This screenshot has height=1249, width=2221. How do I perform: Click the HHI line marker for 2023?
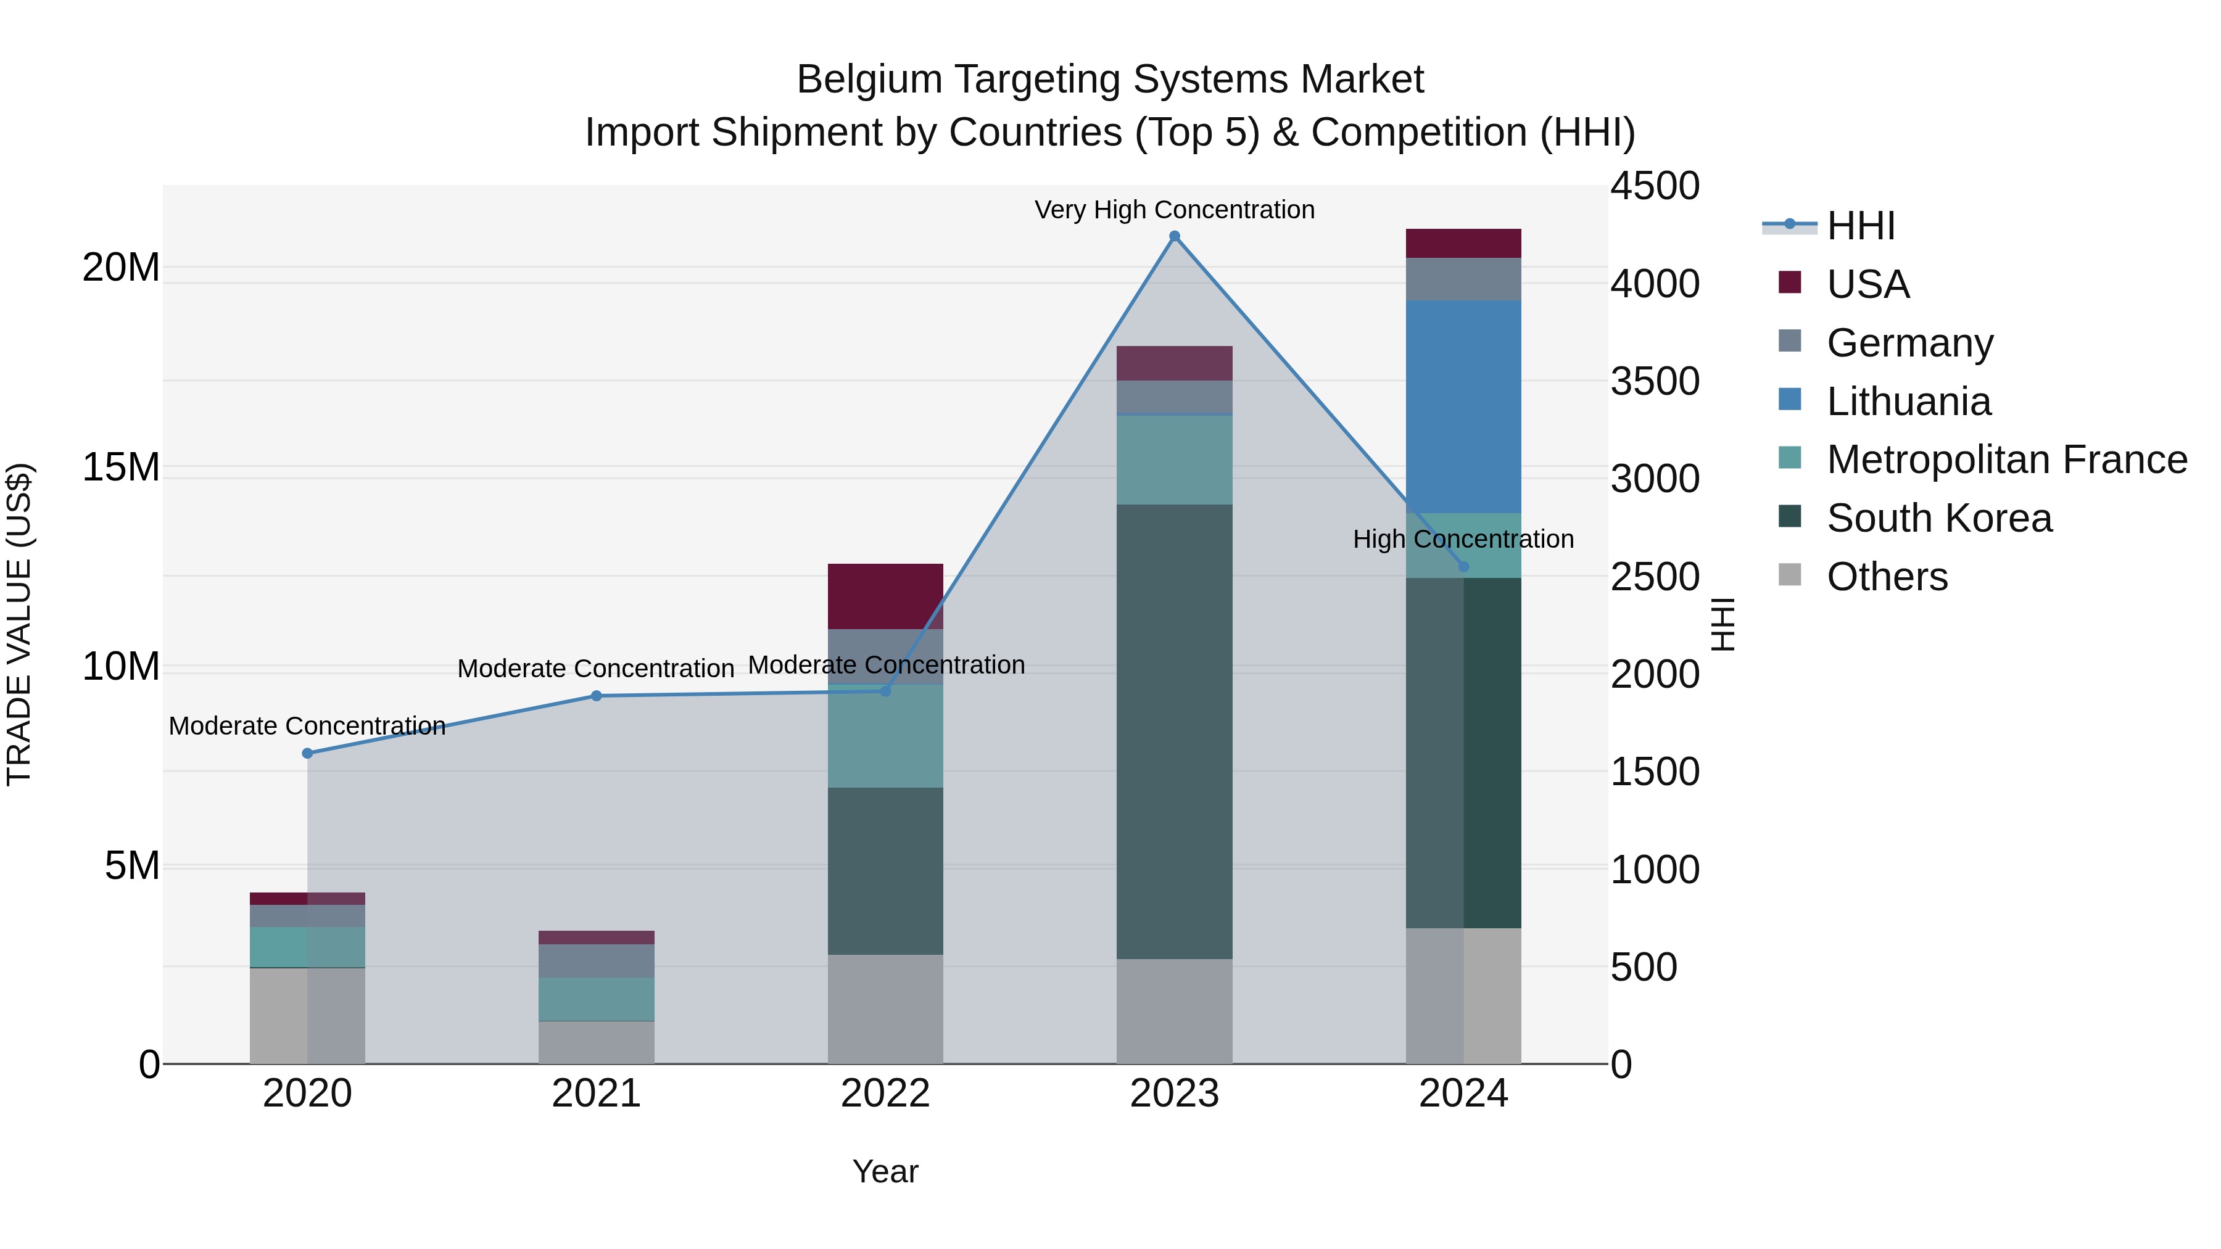tap(1173, 236)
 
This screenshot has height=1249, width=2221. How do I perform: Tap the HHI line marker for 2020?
tap(307, 753)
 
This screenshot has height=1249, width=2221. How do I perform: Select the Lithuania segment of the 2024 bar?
tap(1463, 407)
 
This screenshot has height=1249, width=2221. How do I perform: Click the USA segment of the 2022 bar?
tap(885, 596)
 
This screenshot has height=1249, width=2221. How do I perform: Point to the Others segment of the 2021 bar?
tap(596, 1042)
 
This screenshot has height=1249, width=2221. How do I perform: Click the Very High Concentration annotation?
tap(1173, 210)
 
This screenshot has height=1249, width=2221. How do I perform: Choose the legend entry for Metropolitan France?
tap(2006, 460)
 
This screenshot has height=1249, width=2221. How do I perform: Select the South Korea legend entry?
tap(1938, 518)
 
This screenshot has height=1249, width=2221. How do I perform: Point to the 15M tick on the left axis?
tap(121, 467)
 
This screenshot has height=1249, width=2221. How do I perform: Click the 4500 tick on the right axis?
tap(1653, 186)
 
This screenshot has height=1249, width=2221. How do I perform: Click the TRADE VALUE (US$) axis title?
tap(19, 624)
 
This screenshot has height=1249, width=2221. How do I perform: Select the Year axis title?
tap(885, 1171)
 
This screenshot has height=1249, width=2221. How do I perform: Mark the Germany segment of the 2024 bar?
tap(1463, 279)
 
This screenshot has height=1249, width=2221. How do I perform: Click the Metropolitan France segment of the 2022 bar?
tap(885, 735)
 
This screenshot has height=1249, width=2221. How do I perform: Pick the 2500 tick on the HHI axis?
tap(1653, 577)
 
